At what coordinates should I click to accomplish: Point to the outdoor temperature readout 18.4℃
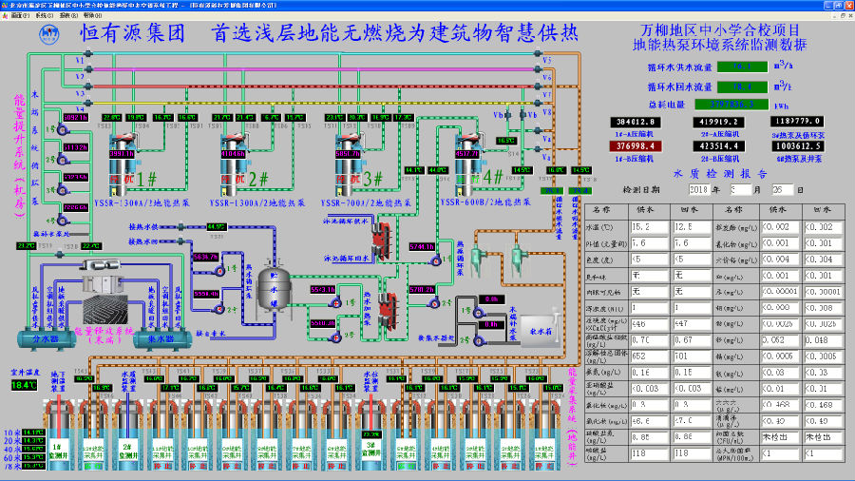pos(23,385)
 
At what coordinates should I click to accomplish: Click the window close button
pos(847,5)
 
